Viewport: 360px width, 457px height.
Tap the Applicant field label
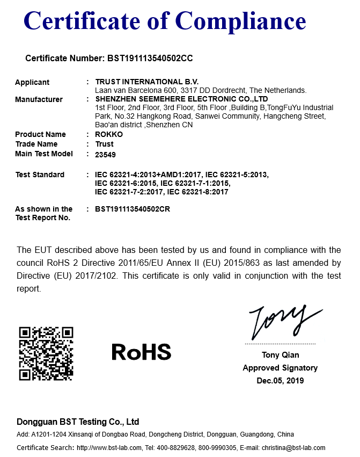click(32, 82)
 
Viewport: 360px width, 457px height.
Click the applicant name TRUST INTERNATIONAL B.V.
click(139, 82)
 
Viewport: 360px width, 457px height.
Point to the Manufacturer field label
click(39, 99)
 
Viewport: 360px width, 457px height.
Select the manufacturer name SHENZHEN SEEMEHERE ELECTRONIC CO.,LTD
click(181, 99)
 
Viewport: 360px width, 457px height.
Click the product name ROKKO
click(109, 134)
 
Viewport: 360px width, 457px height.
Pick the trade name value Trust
click(104, 144)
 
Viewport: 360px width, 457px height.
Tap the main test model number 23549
click(105, 154)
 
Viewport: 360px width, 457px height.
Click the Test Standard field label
click(40, 175)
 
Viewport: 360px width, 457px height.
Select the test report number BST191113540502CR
click(133, 209)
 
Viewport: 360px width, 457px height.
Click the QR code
click(46, 353)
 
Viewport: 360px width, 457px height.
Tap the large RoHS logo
click(141, 352)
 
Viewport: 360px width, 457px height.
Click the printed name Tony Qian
click(281, 355)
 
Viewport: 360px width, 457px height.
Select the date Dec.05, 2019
click(280, 381)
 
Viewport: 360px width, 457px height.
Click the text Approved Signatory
click(280, 368)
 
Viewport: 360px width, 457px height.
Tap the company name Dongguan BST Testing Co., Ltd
click(78, 422)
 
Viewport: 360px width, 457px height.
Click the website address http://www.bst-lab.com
click(109, 448)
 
